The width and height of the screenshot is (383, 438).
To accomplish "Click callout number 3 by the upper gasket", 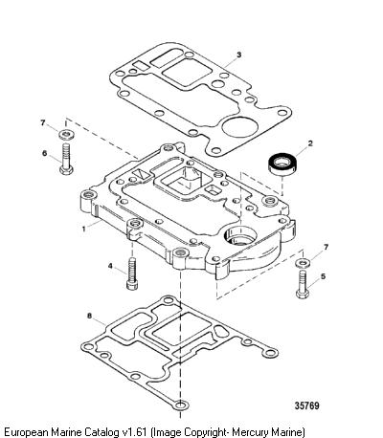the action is [x=239, y=55].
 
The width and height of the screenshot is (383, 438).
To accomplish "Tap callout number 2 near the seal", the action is [x=310, y=143].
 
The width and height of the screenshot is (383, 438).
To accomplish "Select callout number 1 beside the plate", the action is [x=84, y=229].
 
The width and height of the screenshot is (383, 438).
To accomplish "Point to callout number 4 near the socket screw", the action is [x=110, y=266].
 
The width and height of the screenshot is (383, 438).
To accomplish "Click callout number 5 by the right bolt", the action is [x=324, y=276].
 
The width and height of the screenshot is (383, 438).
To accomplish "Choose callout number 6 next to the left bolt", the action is [x=45, y=153].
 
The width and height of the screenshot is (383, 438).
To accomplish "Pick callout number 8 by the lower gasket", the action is [x=89, y=316].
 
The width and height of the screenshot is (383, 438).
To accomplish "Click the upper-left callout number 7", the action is [x=43, y=122].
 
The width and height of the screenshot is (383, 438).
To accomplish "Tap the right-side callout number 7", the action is [x=326, y=247].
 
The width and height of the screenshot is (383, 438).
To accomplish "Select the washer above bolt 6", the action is [x=67, y=134].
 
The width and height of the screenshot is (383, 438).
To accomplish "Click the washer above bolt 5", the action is [x=304, y=263].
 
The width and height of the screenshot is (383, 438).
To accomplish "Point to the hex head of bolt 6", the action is [x=67, y=169].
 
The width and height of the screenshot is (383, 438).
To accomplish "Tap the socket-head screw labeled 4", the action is [x=132, y=274].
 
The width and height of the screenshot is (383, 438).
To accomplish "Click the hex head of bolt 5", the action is [x=303, y=294].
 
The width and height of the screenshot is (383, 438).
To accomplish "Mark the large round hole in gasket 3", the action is [x=239, y=127].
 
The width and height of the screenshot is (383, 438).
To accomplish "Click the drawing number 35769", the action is [x=306, y=405].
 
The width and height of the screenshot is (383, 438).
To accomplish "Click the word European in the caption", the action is [x=26, y=432].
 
